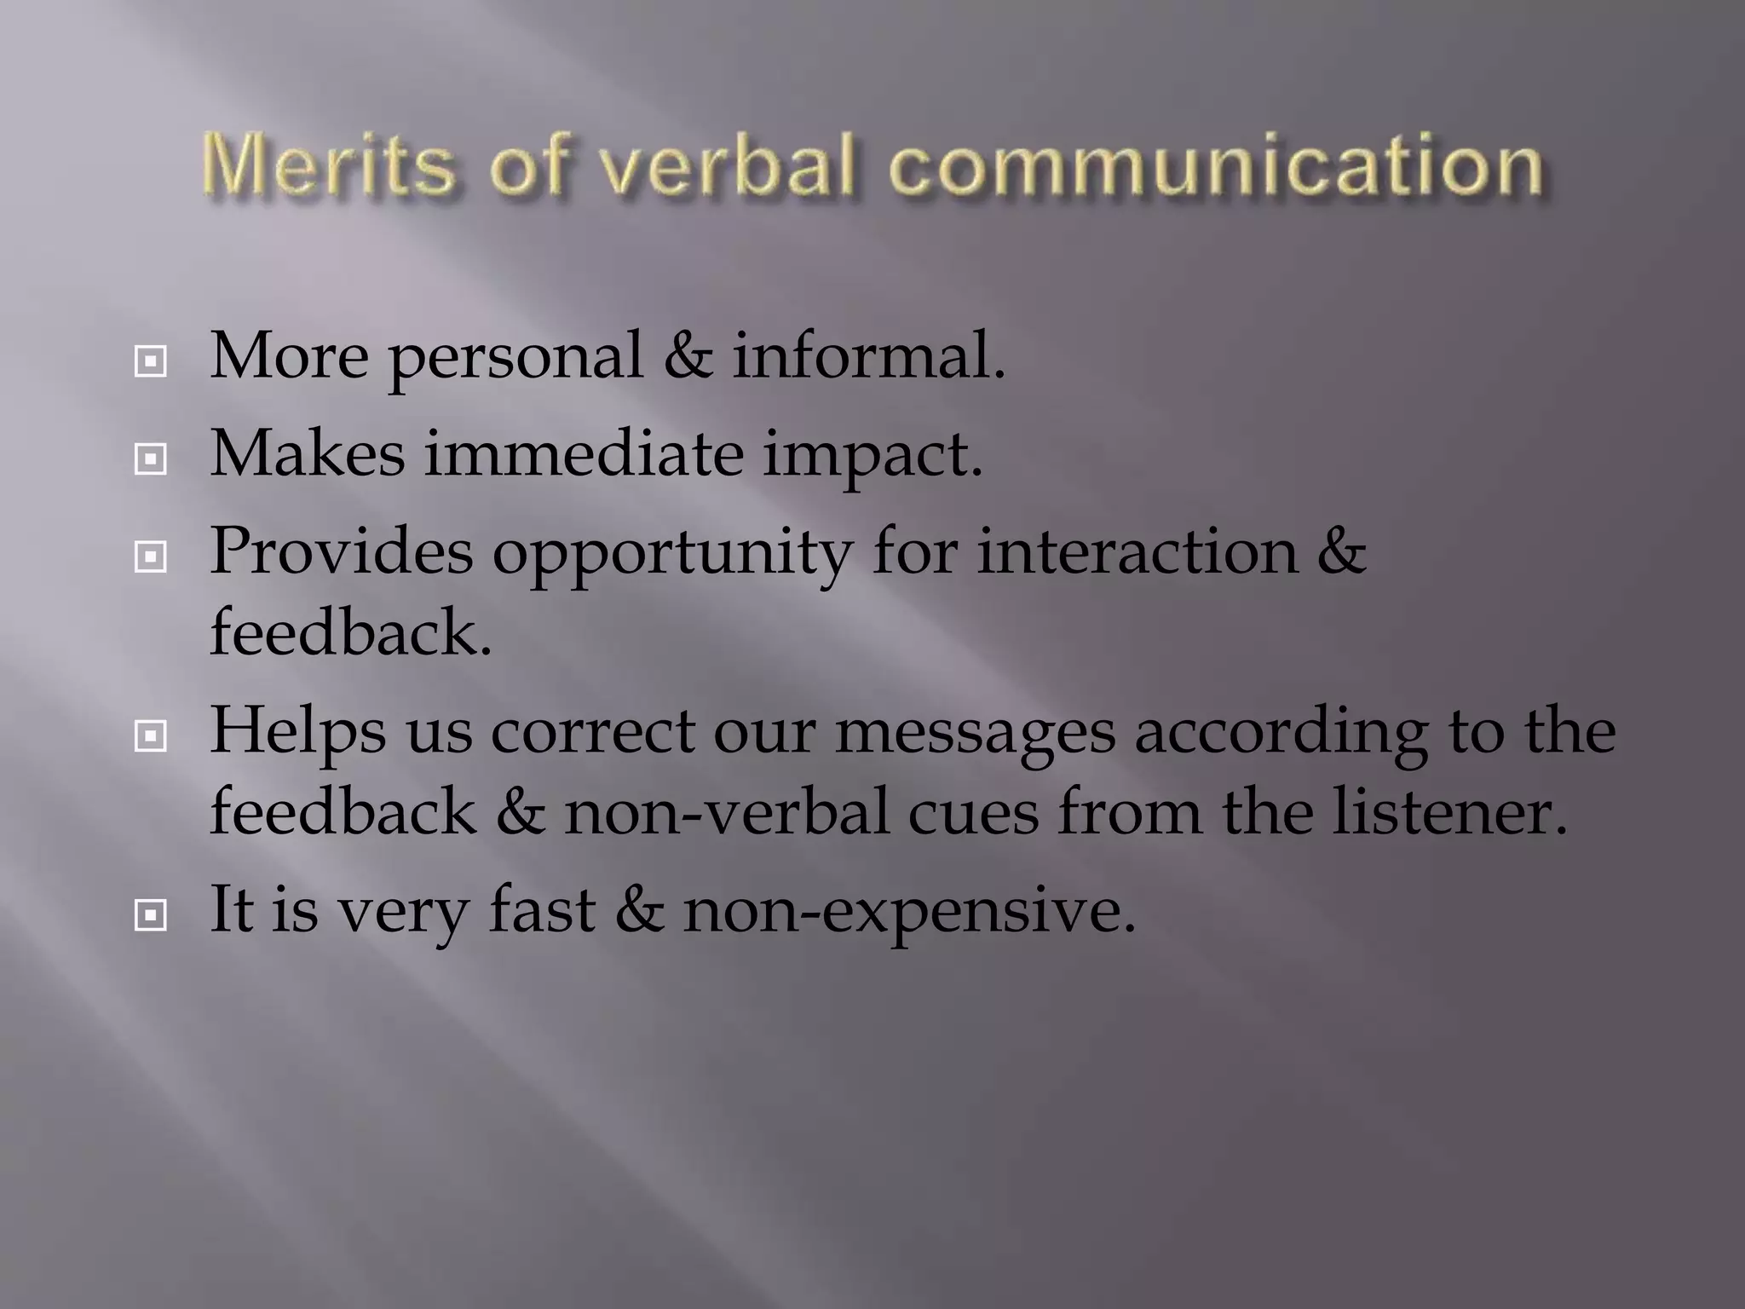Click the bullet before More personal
point(151,363)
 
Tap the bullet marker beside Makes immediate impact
point(151,461)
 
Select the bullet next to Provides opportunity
point(151,558)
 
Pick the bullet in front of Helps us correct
point(151,737)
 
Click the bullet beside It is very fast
point(151,917)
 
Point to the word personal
point(515,358)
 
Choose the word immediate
point(584,453)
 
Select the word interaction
point(1137,552)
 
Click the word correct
point(593,733)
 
